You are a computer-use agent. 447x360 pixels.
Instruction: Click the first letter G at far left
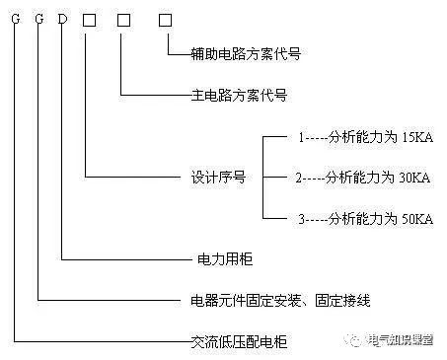click(x=15, y=19)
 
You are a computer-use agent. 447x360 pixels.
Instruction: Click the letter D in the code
click(x=63, y=19)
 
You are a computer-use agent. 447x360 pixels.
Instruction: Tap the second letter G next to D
click(x=38, y=19)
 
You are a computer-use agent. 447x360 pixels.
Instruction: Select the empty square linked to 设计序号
click(x=89, y=19)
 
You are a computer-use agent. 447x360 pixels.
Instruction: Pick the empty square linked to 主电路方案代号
click(x=122, y=19)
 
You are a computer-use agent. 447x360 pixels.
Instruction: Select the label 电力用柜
click(x=218, y=261)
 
